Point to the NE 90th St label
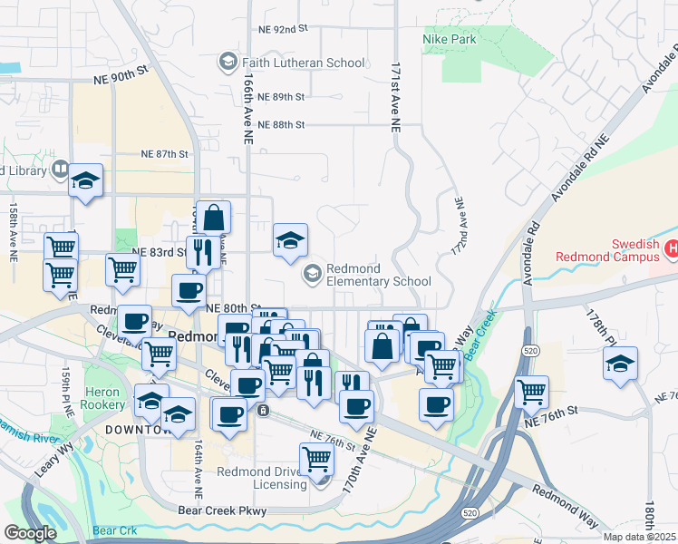118,77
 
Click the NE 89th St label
281,96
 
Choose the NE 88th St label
281,124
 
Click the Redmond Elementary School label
378,276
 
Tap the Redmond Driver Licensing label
262,478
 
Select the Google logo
31,533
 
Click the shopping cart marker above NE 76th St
531,392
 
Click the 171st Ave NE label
395,100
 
